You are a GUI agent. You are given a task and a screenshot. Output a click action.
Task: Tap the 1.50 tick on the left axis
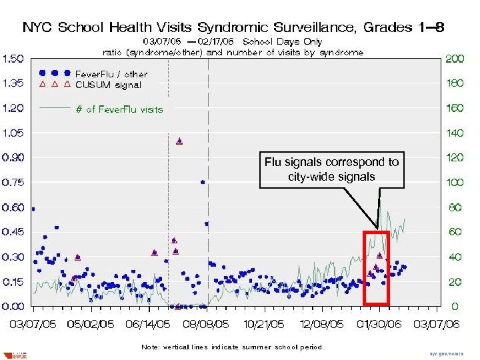click(x=14, y=59)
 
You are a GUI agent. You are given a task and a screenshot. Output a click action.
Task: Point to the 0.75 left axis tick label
click(x=14, y=182)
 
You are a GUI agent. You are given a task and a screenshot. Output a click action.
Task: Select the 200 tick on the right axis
click(x=455, y=59)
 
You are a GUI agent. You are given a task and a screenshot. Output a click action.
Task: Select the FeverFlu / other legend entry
click(x=111, y=74)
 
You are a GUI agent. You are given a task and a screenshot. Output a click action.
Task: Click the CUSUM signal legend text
click(x=108, y=85)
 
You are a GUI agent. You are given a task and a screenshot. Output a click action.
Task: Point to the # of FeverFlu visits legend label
click(x=119, y=109)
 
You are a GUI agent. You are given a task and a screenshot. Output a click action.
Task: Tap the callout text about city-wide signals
click(x=331, y=169)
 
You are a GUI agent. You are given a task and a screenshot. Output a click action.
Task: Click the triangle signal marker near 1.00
click(x=179, y=141)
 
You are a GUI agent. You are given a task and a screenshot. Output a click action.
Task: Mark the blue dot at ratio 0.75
click(x=203, y=181)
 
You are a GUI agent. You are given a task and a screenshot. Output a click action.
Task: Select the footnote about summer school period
click(x=232, y=347)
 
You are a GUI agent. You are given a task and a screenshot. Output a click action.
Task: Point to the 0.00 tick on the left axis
click(x=14, y=307)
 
